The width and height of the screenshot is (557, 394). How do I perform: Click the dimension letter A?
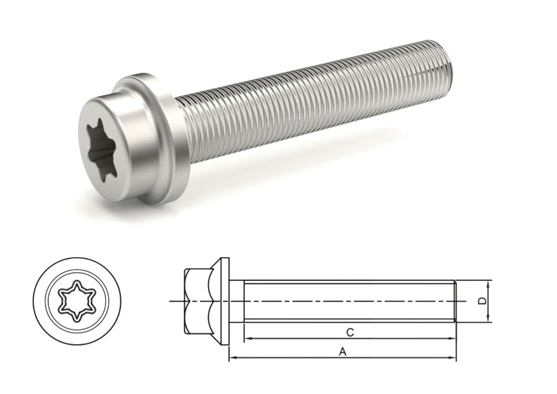[x=343, y=352]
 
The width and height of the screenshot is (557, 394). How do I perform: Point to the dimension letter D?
[x=482, y=300]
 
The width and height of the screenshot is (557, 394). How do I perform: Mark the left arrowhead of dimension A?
[x=232, y=358]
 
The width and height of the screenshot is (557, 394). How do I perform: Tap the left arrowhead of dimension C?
[x=246, y=338]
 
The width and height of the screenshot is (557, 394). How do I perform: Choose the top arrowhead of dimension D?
[x=490, y=283]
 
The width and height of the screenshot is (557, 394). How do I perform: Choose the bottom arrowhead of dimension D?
[x=490, y=318]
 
